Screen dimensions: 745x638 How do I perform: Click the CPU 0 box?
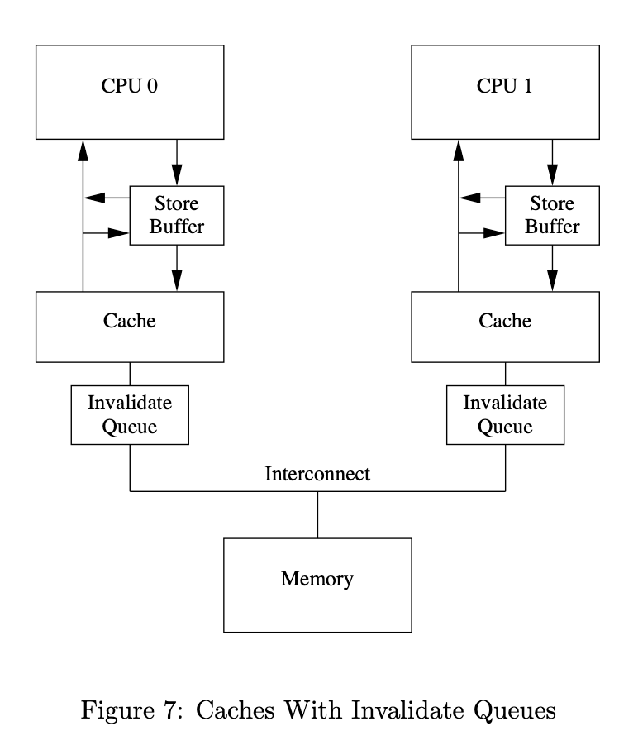130,91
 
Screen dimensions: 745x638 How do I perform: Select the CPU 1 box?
504,91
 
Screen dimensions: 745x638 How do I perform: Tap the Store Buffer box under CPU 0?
177,214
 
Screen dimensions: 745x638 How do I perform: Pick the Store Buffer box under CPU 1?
552,214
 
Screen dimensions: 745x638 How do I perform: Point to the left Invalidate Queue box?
130,414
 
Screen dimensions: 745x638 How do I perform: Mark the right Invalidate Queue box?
504,414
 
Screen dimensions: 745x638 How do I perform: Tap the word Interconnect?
317,475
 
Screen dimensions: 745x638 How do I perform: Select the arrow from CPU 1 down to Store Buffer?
552,161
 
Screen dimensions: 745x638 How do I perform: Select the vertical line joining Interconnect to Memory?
317,514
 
